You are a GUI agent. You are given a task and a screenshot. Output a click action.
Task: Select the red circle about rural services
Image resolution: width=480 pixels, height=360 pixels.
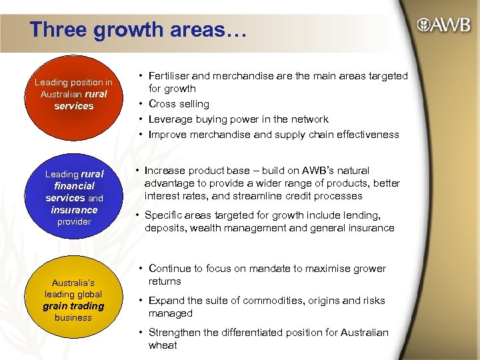point(73,93)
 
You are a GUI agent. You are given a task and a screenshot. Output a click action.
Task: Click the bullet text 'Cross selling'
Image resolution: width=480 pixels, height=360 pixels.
point(179,104)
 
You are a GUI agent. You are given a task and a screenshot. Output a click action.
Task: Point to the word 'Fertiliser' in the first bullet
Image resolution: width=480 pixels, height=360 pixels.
point(171,76)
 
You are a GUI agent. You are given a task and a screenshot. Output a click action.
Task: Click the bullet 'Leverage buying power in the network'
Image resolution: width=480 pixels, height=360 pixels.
point(238,119)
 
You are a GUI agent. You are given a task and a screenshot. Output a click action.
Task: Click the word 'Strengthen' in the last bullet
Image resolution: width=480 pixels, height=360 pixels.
point(175,333)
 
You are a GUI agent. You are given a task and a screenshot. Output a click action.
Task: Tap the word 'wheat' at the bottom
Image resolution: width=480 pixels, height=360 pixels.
point(163,345)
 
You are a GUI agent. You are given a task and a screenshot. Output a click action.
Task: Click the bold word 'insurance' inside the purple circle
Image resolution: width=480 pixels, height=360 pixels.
point(74,210)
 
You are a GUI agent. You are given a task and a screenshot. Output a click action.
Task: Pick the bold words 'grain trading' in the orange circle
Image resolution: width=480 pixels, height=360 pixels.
point(73,306)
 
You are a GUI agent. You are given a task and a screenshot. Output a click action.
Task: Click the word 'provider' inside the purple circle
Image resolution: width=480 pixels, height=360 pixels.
point(73,221)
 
